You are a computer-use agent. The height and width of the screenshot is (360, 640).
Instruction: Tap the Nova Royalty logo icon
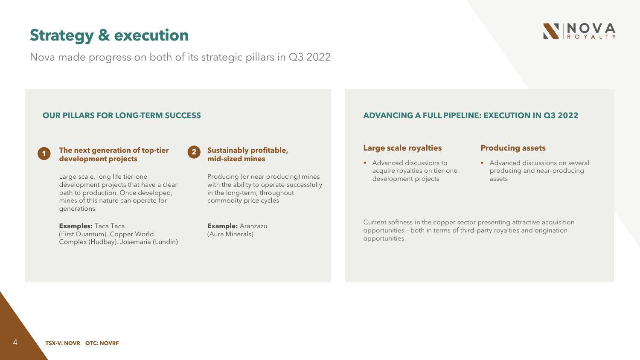pyautogui.click(x=551, y=31)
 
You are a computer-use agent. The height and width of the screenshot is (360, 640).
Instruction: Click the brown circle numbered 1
pyautogui.click(x=44, y=154)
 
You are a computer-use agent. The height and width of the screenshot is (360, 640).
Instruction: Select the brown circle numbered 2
pyautogui.click(x=194, y=152)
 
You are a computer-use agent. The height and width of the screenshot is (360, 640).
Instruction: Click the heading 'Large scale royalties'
pyautogui.click(x=402, y=148)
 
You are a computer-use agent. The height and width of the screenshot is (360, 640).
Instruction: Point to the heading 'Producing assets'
pyautogui.click(x=513, y=148)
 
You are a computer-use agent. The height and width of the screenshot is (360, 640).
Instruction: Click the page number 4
pyautogui.click(x=15, y=342)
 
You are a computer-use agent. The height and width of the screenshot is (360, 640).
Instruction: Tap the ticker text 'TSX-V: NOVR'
pyautogui.click(x=63, y=343)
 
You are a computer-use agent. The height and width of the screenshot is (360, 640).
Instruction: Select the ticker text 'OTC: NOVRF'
pyautogui.click(x=102, y=343)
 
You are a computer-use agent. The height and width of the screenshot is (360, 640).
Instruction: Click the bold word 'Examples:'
pyautogui.click(x=76, y=226)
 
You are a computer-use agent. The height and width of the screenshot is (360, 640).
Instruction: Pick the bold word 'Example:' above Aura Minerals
pyautogui.click(x=222, y=226)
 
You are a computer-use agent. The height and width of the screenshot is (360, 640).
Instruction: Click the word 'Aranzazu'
pyautogui.click(x=253, y=226)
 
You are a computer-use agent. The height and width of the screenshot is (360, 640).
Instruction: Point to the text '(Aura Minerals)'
pyautogui.click(x=230, y=234)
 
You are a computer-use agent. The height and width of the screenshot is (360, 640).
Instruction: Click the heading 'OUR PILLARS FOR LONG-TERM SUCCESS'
pyautogui.click(x=122, y=116)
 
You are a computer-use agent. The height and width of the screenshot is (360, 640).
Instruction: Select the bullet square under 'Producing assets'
pyautogui.click(x=482, y=163)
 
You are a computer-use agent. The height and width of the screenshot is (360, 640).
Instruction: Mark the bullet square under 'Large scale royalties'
pyautogui.click(x=365, y=163)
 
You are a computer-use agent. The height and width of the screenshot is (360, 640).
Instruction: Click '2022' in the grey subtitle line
pyautogui.click(x=318, y=57)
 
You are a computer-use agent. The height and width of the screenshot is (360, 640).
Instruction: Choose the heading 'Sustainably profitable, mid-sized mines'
pyautogui.click(x=247, y=154)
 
